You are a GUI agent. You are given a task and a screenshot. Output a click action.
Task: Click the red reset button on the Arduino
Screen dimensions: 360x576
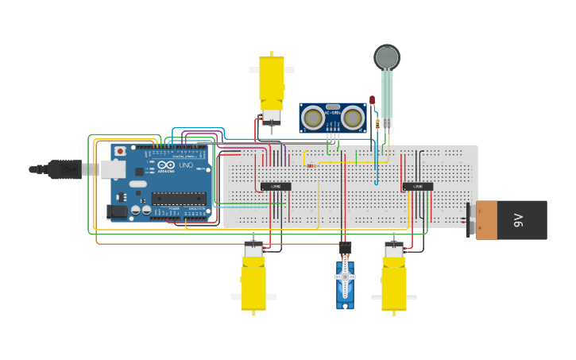120,151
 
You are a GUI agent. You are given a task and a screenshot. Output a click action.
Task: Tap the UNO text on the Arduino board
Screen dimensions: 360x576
185,176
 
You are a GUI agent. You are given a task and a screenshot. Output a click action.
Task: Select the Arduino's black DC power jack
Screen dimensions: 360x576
117,211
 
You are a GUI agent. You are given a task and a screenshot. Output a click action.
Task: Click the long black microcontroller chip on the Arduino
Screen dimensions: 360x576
179,199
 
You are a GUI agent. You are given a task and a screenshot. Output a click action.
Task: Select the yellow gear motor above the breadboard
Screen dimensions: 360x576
271,83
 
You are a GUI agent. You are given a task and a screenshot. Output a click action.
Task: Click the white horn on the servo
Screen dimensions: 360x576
345,277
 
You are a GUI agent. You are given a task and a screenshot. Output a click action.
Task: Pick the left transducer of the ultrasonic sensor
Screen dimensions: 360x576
313,118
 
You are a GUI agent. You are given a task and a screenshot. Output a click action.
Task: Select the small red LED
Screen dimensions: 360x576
372,100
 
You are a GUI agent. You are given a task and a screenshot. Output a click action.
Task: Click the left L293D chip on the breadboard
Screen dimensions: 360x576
276,187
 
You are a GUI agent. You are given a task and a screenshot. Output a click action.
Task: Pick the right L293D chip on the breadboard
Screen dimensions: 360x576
417,187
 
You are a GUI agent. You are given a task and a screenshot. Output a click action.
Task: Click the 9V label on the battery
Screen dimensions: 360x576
518,219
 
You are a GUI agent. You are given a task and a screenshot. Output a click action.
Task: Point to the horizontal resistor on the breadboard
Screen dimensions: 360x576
311,166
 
